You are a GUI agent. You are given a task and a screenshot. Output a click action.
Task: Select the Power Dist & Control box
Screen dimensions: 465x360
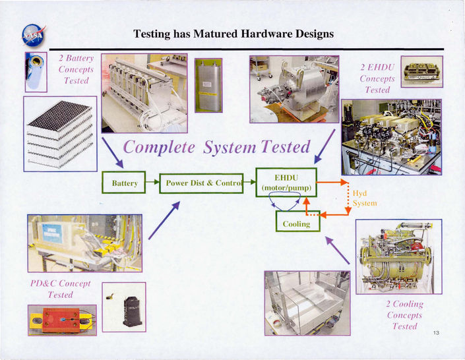[202, 183]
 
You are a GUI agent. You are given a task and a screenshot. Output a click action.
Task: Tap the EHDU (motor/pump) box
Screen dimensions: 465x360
[286, 183]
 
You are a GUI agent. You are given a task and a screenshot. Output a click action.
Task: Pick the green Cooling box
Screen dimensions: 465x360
[297, 224]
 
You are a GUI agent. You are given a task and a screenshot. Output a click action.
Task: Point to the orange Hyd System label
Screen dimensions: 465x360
[365, 198]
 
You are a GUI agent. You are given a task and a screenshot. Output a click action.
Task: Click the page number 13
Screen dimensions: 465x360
[436, 333]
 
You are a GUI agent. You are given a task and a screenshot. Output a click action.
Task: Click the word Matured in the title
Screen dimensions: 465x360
[219, 33]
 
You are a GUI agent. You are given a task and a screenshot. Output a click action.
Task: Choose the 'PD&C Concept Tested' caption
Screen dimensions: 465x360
[60, 289]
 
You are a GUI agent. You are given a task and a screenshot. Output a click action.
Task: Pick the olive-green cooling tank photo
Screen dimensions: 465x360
[398, 256]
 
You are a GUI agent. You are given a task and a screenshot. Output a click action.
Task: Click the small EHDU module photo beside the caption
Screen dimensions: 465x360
[422, 71]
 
